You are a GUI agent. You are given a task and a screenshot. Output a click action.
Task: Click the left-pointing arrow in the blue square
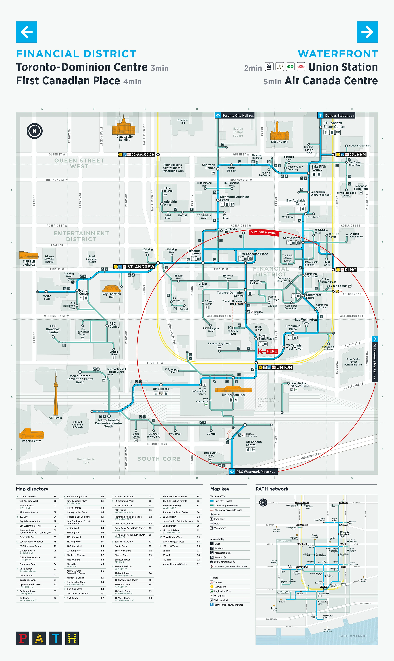tap(26, 32)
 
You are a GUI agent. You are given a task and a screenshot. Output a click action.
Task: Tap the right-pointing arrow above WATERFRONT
tap(367, 32)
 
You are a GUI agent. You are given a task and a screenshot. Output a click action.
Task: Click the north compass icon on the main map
tap(35, 131)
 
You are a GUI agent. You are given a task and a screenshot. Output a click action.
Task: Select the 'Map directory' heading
tap(32, 489)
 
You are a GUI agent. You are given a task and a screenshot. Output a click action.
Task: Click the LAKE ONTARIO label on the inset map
tap(352, 636)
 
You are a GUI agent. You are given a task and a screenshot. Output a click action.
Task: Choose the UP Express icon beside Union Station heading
tap(280, 67)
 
